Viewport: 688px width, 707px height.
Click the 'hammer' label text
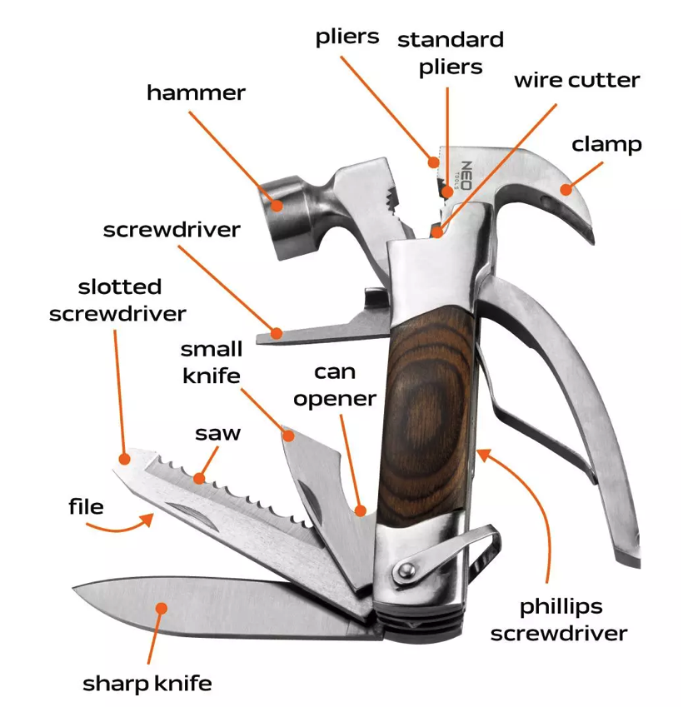[x=196, y=92]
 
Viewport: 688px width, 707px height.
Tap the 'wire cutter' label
[x=576, y=80]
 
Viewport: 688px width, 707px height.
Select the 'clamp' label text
[x=606, y=144]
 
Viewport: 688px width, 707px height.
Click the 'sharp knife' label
[x=147, y=684]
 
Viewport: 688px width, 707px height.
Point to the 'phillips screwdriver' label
[x=558, y=620]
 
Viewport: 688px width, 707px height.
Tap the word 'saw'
[x=217, y=433]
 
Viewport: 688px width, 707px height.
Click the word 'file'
[x=86, y=505]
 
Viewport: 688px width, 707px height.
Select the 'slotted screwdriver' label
[x=117, y=300]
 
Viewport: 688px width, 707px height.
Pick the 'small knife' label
[x=212, y=362]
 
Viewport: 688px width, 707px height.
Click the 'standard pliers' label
[x=451, y=52]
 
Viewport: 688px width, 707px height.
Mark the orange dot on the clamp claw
[x=566, y=189]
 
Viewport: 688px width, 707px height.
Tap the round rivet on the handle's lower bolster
[x=406, y=570]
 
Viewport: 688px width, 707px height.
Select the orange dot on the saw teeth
[x=199, y=478]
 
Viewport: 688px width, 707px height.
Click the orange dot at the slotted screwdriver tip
[x=125, y=458]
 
